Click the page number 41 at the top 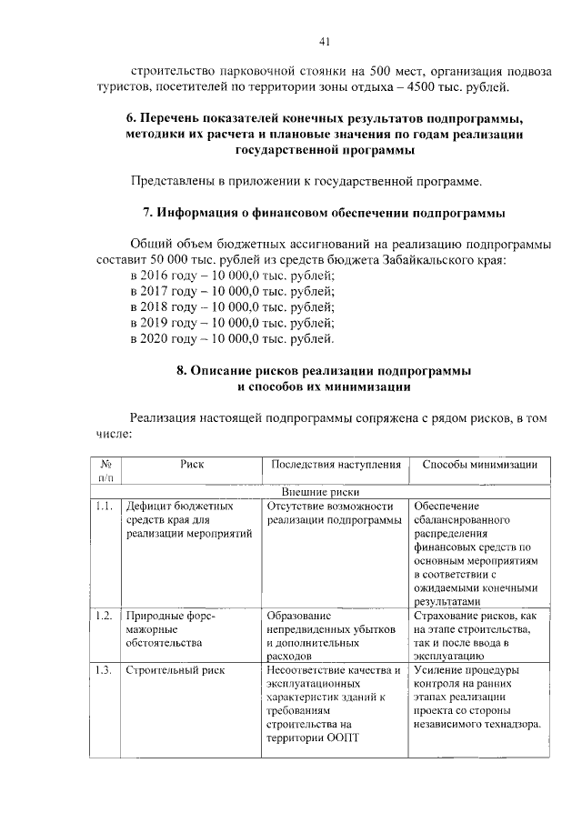(325, 40)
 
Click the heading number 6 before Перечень (130, 119)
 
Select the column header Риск (192, 464)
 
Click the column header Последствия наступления (336, 464)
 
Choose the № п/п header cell (105, 470)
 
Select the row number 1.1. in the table (105, 506)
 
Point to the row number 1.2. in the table (105, 616)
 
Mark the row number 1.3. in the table (105, 671)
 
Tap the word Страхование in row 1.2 (445, 616)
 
